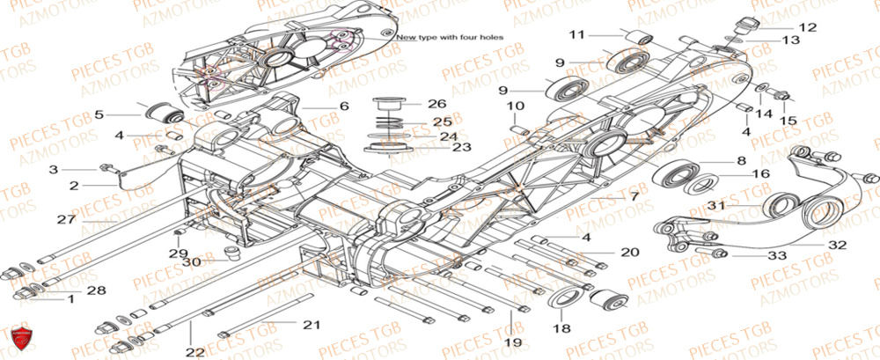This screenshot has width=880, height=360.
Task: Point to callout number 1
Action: (x=71, y=299)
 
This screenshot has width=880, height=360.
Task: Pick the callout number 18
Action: (x=558, y=327)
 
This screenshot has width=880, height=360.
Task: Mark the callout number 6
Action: (x=343, y=107)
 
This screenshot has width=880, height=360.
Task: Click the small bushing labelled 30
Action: (x=232, y=255)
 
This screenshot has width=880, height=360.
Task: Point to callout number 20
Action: (x=628, y=253)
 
